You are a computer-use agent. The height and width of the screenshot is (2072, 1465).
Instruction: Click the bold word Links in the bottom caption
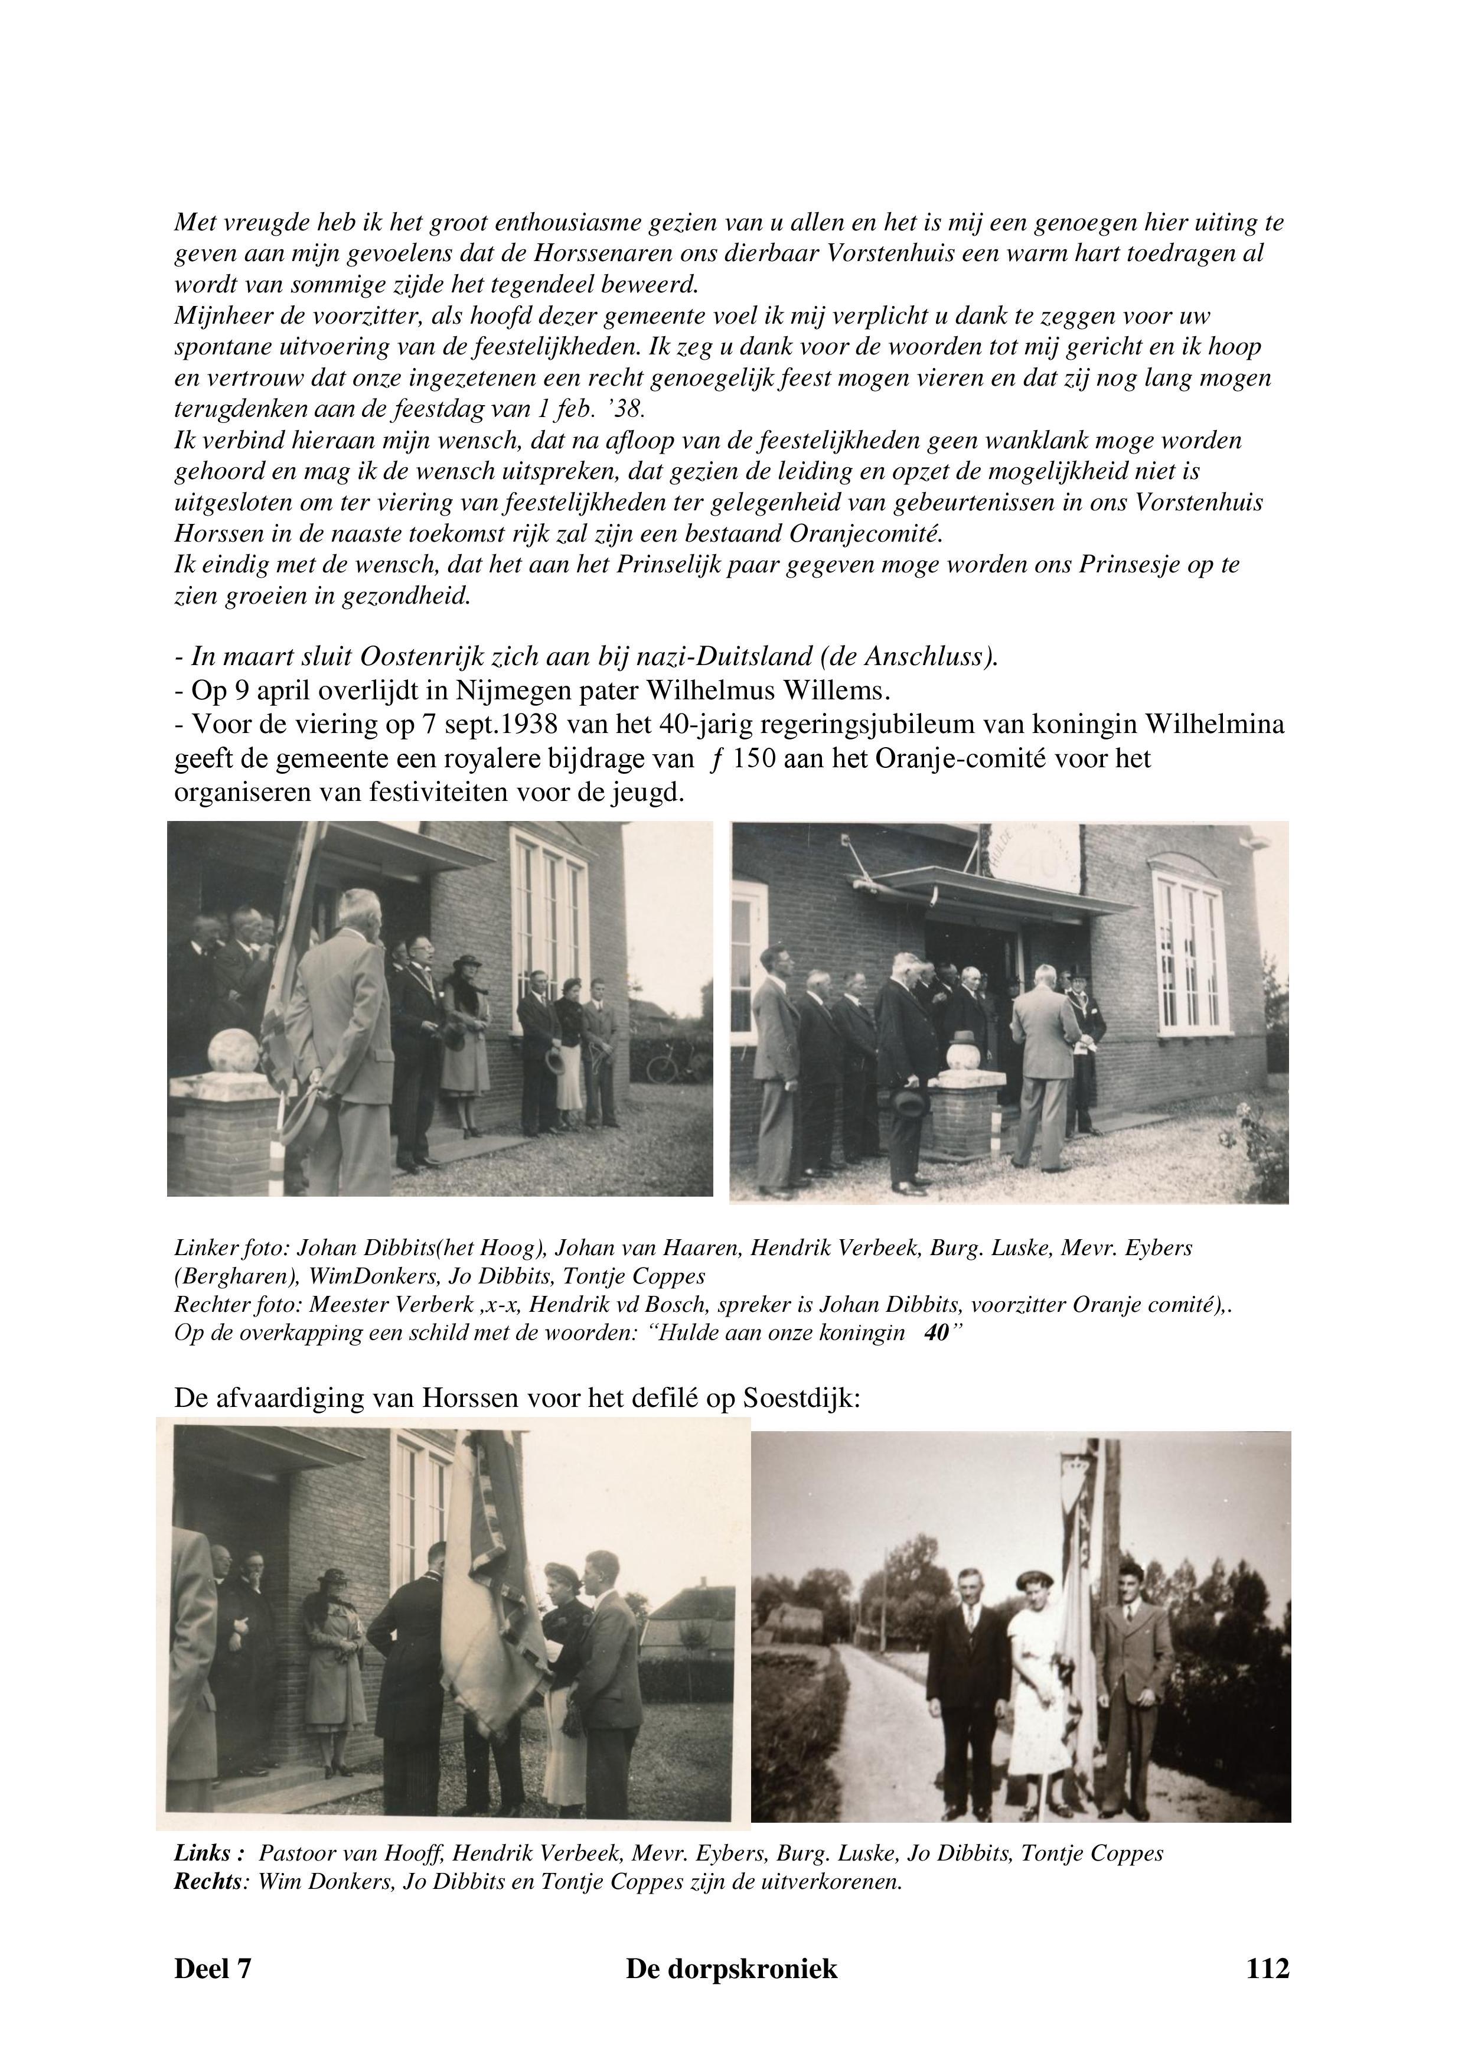click(203, 1853)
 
